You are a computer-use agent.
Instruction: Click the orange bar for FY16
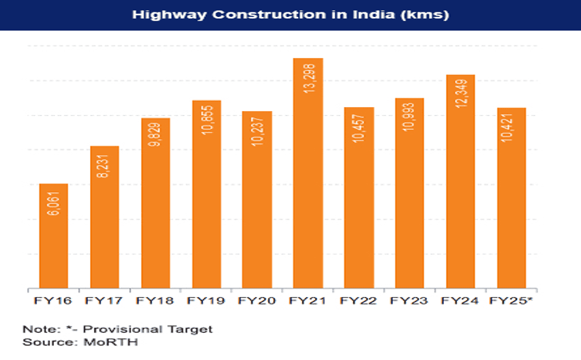coord(53,236)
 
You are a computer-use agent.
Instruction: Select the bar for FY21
coord(308,173)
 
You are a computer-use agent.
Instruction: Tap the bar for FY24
coord(461,181)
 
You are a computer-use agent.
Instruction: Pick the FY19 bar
coord(207,194)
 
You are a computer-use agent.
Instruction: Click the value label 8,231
coord(104,167)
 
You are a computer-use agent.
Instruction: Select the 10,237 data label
coord(257,132)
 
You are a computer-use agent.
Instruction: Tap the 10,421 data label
coord(512,129)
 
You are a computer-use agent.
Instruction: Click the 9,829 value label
coord(155,139)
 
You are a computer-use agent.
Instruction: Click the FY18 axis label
coord(155,300)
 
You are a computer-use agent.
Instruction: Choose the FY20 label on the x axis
coord(257,300)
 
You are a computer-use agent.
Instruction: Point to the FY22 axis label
coord(359,300)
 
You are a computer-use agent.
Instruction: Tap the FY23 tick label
coord(410,300)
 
